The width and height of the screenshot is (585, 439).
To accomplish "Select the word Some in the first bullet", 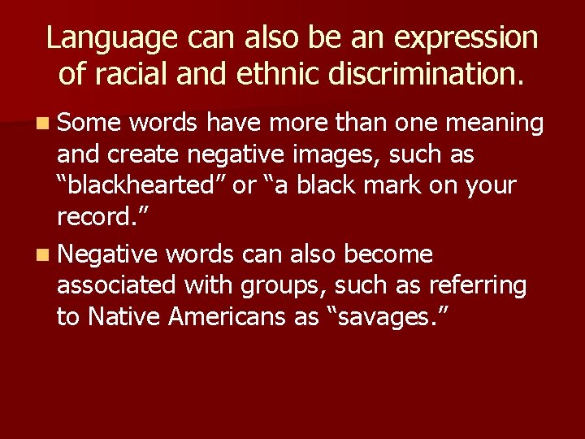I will [x=88, y=123].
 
